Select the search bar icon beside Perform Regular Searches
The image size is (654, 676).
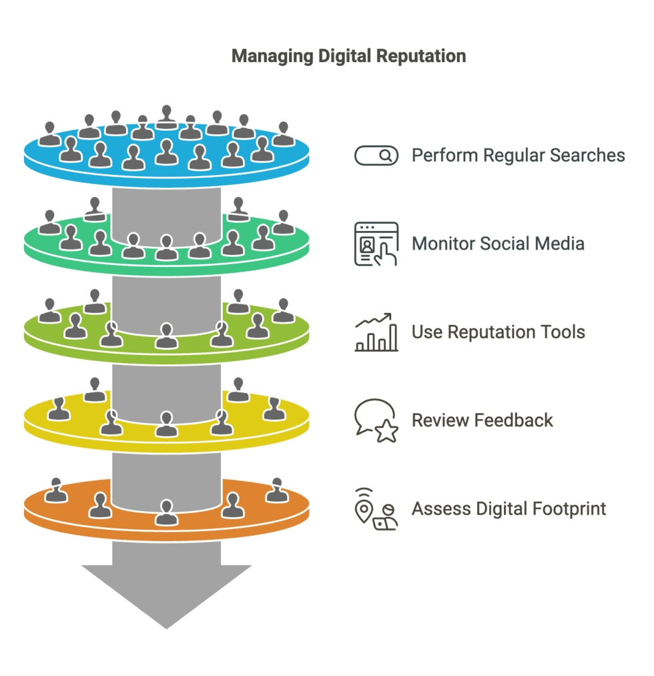pyautogui.click(x=376, y=155)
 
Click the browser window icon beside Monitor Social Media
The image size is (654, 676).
pyautogui.click(x=376, y=244)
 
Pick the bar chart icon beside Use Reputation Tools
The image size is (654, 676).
pyautogui.click(x=376, y=332)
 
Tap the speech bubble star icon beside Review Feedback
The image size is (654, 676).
pyautogui.click(x=376, y=420)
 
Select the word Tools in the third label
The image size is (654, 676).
pyautogui.click(x=562, y=332)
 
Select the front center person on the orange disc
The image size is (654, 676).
pyautogui.click(x=166, y=513)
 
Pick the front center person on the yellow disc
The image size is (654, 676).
pyautogui.click(x=166, y=424)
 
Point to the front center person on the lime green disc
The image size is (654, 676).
pyautogui.click(x=166, y=336)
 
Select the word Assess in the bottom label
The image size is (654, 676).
pyautogui.click(x=438, y=509)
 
